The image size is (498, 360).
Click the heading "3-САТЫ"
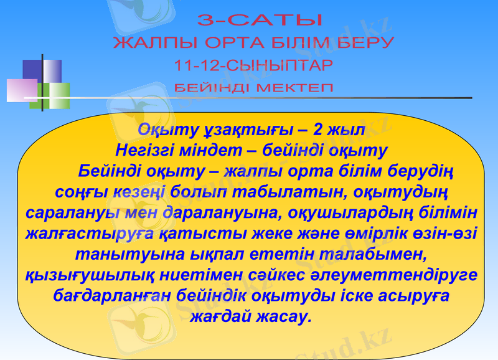260,21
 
